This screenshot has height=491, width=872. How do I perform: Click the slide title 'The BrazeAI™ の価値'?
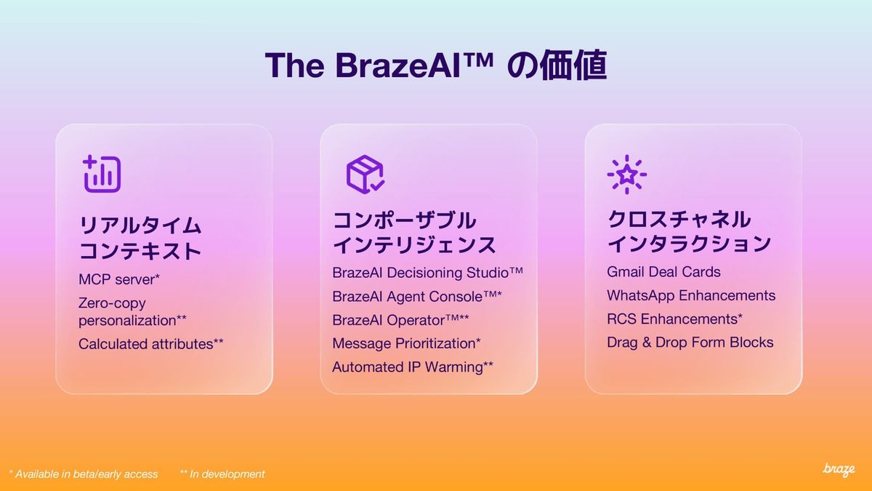(x=435, y=65)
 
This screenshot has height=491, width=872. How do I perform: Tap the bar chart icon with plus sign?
(x=102, y=174)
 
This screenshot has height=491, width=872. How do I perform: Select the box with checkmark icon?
(x=365, y=174)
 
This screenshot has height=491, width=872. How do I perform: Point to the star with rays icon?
(x=626, y=174)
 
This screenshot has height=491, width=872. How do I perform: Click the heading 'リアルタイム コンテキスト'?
(x=140, y=238)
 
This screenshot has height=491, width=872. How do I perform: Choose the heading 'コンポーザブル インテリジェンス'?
(x=414, y=233)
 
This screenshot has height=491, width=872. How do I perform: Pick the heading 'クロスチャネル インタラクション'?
(x=689, y=231)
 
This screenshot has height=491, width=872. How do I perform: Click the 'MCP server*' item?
(x=119, y=279)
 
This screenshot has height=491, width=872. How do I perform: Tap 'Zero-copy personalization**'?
(x=132, y=312)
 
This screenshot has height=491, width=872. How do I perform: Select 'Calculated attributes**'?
(x=151, y=343)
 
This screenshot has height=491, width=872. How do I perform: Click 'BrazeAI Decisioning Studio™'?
(x=427, y=273)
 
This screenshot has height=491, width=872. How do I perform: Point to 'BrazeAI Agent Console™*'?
(x=417, y=297)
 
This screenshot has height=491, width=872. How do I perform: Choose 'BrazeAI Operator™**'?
(x=400, y=320)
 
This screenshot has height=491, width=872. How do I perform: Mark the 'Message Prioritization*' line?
(x=406, y=343)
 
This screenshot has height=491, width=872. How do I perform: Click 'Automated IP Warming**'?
(x=413, y=367)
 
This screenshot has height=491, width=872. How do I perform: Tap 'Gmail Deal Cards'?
(x=663, y=272)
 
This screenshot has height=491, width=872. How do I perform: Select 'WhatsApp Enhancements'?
(x=691, y=295)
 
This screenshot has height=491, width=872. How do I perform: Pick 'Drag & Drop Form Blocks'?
(x=690, y=343)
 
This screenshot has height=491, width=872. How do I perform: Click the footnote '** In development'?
(x=222, y=474)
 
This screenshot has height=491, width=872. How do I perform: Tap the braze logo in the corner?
(x=839, y=470)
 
